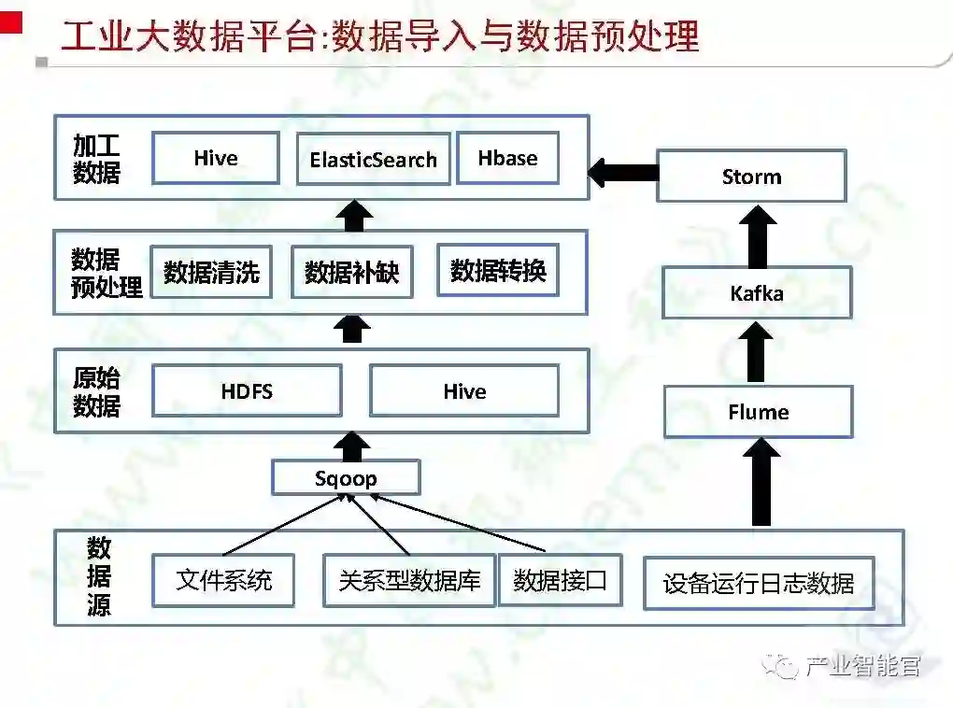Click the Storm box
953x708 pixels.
(751, 176)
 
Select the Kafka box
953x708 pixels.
(757, 293)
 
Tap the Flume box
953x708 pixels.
(758, 412)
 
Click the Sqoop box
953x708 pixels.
(346, 478)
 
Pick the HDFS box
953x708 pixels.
(247, 390)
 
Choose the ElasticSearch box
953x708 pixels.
(373, 159)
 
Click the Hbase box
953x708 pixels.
(507, 158)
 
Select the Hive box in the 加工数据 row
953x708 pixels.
(216, 158)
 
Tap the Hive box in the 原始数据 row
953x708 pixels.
(464, 390)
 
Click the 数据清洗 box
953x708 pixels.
(211, 272)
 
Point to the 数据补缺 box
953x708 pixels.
(351, 272)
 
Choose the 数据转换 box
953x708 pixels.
(497, 271)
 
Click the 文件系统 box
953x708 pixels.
(224, 580)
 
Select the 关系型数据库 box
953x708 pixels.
(409, 580)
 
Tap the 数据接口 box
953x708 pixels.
(560, 580)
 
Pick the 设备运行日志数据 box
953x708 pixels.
(759, 584)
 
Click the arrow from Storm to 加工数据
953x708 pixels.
(623, 172)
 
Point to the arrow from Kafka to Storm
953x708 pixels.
(756, 235)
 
